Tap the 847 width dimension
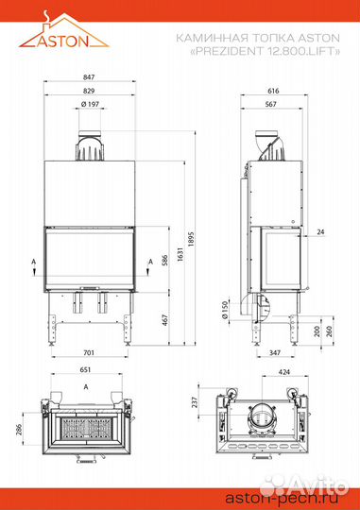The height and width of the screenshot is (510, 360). tap(89, 77)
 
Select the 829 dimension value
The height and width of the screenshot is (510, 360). tap(89, 91)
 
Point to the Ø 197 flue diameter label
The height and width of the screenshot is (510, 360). tap(90, 104)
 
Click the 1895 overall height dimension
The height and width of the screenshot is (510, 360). tap(191, 239)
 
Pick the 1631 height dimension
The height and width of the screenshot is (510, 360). tap(180, 255)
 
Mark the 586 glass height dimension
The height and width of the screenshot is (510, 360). tap(164, 261)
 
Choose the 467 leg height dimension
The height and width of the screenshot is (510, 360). tap(164, 320)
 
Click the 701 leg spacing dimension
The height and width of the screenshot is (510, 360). tap(89, 352)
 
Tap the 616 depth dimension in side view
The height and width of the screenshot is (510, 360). tap(273, 91)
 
